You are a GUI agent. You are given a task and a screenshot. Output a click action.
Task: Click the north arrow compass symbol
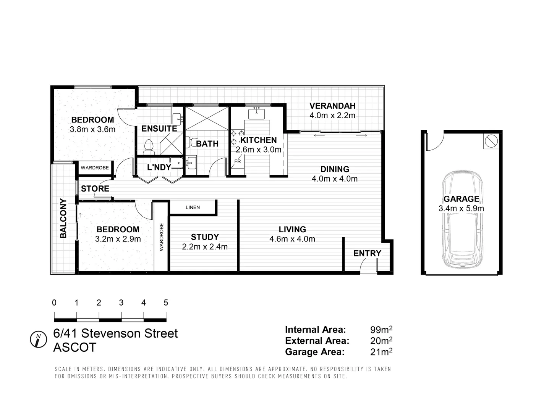coord(38,339)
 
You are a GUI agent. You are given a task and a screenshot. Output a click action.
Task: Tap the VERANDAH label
coord(332,106)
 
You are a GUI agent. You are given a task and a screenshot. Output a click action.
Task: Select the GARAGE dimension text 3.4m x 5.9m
coord(461,209)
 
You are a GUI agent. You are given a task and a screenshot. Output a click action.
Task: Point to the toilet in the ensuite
coord(149,147)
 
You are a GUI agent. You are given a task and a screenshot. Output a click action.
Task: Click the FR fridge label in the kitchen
coord(238,161)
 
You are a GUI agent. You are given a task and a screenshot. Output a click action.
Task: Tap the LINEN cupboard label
coord(193,208)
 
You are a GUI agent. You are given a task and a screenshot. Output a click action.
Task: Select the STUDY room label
coord(205,237)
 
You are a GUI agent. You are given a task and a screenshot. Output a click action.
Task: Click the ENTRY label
coord(367,253)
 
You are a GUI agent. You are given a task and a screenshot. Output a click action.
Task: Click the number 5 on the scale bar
coord(166,303)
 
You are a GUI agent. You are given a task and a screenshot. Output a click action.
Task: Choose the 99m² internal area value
coord(381,330)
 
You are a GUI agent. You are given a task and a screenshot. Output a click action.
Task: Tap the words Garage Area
coord(314,352)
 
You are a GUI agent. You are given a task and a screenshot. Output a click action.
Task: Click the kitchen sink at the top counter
coord(256,113)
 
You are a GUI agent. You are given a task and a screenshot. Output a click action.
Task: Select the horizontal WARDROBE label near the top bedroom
coord(95,168)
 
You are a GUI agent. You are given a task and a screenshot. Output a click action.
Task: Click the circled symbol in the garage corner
coord(491,141)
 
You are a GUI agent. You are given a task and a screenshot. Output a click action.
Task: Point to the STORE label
coord(95,189)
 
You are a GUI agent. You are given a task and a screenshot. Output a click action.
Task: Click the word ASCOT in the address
coord(75,348)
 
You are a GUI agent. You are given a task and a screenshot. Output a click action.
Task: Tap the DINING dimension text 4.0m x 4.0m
coord(335,179)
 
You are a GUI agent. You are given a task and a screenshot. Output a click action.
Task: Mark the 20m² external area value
coord(381,341)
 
